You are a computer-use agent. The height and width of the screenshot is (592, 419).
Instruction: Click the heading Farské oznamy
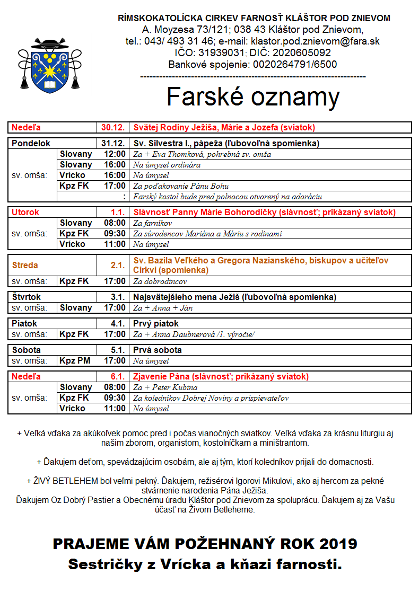point(253,97)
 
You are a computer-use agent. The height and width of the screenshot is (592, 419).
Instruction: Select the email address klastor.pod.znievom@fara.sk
point(315,41)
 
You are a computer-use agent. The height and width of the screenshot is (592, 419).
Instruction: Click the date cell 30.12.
point(113,128)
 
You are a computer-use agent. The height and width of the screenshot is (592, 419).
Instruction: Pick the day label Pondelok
point(31,144)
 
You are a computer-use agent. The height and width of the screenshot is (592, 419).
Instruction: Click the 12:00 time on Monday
point(115,154)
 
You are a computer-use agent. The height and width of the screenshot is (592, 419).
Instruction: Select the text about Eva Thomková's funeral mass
point(202,154)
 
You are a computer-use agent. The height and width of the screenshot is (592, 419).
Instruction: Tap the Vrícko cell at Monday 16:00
point(72,175)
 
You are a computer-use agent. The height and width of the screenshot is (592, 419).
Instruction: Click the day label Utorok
point(25,213)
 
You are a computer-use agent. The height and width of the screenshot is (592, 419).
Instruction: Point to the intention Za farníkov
point(153,223)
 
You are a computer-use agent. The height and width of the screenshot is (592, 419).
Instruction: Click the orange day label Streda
point(25,265)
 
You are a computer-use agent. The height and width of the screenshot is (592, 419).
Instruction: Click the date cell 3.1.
point(117,297)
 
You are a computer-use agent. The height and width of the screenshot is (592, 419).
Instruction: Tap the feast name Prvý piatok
point(156,324)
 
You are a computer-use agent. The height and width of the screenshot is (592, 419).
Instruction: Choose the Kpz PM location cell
point(75,361)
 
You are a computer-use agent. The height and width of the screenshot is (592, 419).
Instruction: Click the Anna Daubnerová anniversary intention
point(194,334)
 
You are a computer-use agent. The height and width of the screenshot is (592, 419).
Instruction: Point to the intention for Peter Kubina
point(165,387)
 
